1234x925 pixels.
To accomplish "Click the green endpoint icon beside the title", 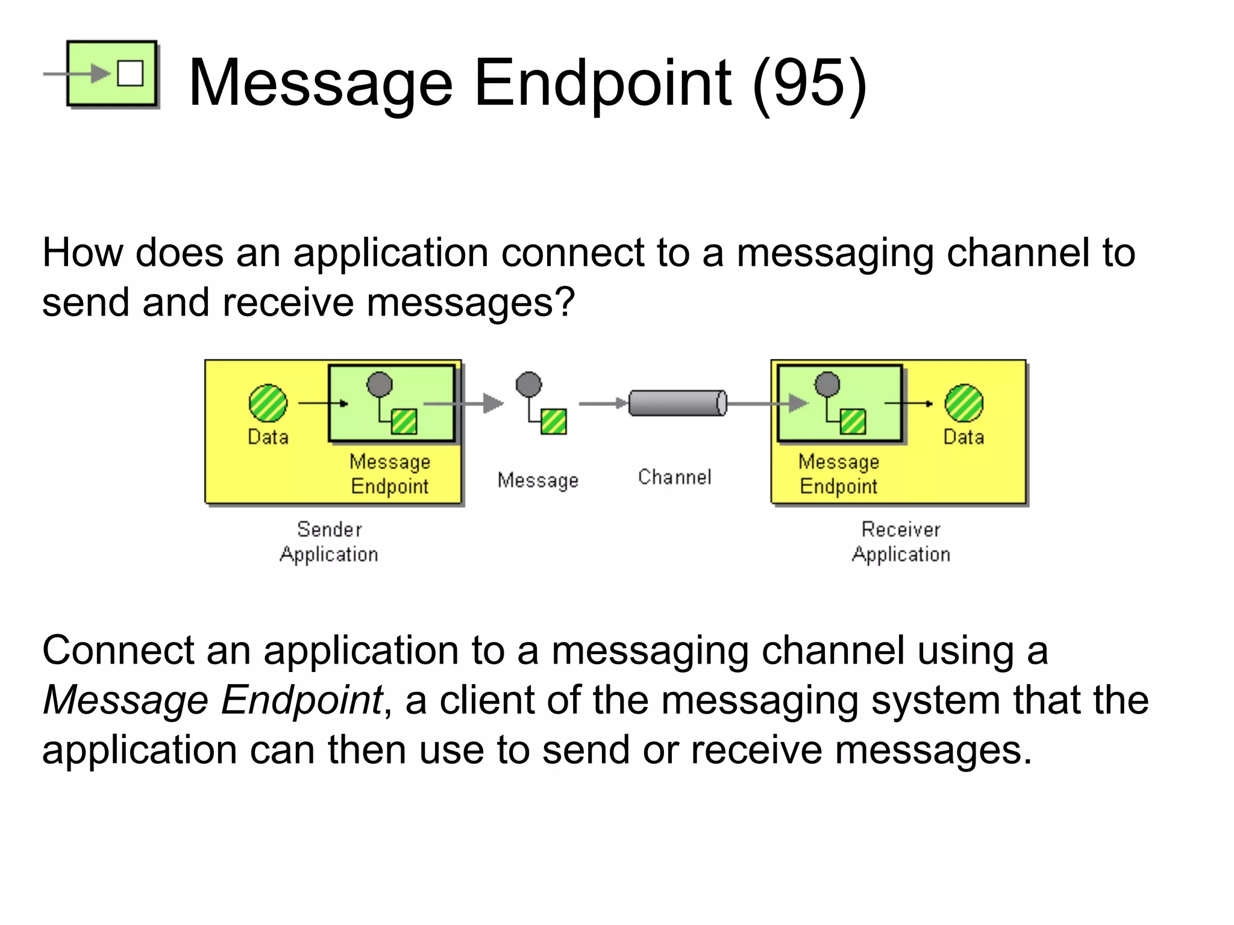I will (x=111, y=73).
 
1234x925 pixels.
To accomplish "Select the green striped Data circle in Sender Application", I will (x=268, y=403).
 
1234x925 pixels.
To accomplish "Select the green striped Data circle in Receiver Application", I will (x=963, y=403).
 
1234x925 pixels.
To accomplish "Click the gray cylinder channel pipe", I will (x=677, y=403).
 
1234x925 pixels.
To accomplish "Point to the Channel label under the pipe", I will (x=674, y=477).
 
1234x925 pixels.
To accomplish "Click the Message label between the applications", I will (x=537, y=480).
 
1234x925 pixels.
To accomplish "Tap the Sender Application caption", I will (x=329, y=541).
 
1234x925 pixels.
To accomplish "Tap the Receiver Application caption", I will (x=901, y=541).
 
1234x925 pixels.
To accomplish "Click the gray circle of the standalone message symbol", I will (x=528, y=384).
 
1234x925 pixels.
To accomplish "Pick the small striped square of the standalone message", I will (x=553, y=422).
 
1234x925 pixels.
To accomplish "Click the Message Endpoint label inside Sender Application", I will (x=390, y=474).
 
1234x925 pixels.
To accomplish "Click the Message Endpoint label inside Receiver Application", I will (x=838, y=474).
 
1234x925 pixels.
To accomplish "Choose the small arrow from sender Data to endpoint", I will (x=323, y=403).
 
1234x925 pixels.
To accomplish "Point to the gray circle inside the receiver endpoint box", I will (x=827, y=384).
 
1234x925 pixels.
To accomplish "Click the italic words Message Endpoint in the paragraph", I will (x=213, y=700).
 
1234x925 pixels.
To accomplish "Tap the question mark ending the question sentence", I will (x=565, y=302).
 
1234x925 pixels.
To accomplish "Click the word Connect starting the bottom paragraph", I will (x=118, y=651).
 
